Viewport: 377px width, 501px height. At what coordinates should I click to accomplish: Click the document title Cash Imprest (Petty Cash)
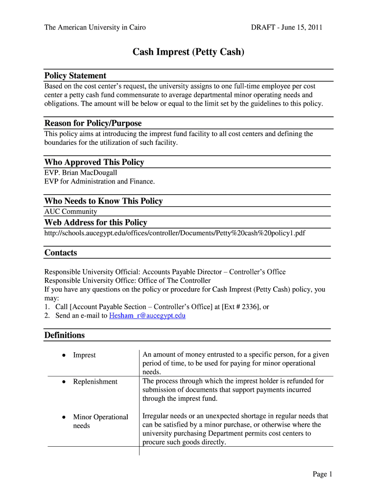click(x=188, y=52)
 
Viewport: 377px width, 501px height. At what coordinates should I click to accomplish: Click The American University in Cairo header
click(x=95, y=27)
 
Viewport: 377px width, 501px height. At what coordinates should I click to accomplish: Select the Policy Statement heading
click(x=75, y=76)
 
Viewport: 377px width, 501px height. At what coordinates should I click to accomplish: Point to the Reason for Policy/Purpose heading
click(x=93, y=123)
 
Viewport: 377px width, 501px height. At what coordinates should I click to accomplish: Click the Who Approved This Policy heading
click(x=94, y=162)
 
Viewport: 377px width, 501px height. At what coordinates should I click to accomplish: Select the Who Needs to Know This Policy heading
click(x=103, y=201)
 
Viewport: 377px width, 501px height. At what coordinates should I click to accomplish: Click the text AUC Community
click(x=71, y=211)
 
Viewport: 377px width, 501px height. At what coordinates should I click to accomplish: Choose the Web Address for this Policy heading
click(x=95, y=223)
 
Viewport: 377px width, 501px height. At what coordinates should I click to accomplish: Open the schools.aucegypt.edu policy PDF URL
click(x=174, y=233)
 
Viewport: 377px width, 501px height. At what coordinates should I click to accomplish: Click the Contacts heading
click(x=61, y=253)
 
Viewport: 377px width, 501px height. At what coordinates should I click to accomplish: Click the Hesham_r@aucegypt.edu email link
click(x=147, y=316)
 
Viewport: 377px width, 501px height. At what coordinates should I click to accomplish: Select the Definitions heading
click(x=64, y=336)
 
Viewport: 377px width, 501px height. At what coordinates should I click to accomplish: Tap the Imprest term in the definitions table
click(x=84, y=355)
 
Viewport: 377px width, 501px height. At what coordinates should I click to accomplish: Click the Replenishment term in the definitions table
click(x=95, y=382)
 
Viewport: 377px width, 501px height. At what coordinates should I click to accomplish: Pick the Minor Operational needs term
click(x=100, y=421)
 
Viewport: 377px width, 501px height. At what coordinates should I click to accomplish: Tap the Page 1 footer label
click(x=323, y=474)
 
